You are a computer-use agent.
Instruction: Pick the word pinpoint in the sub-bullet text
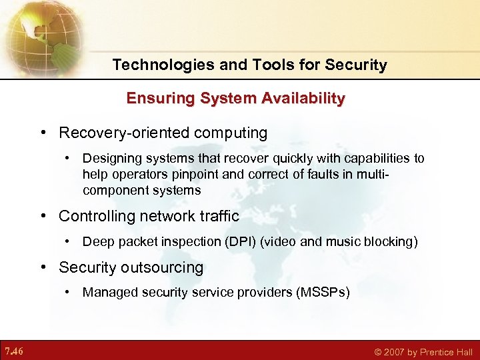point(210,175)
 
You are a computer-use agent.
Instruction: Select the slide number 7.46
point(13,351)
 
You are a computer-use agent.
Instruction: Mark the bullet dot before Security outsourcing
point(43,268)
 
